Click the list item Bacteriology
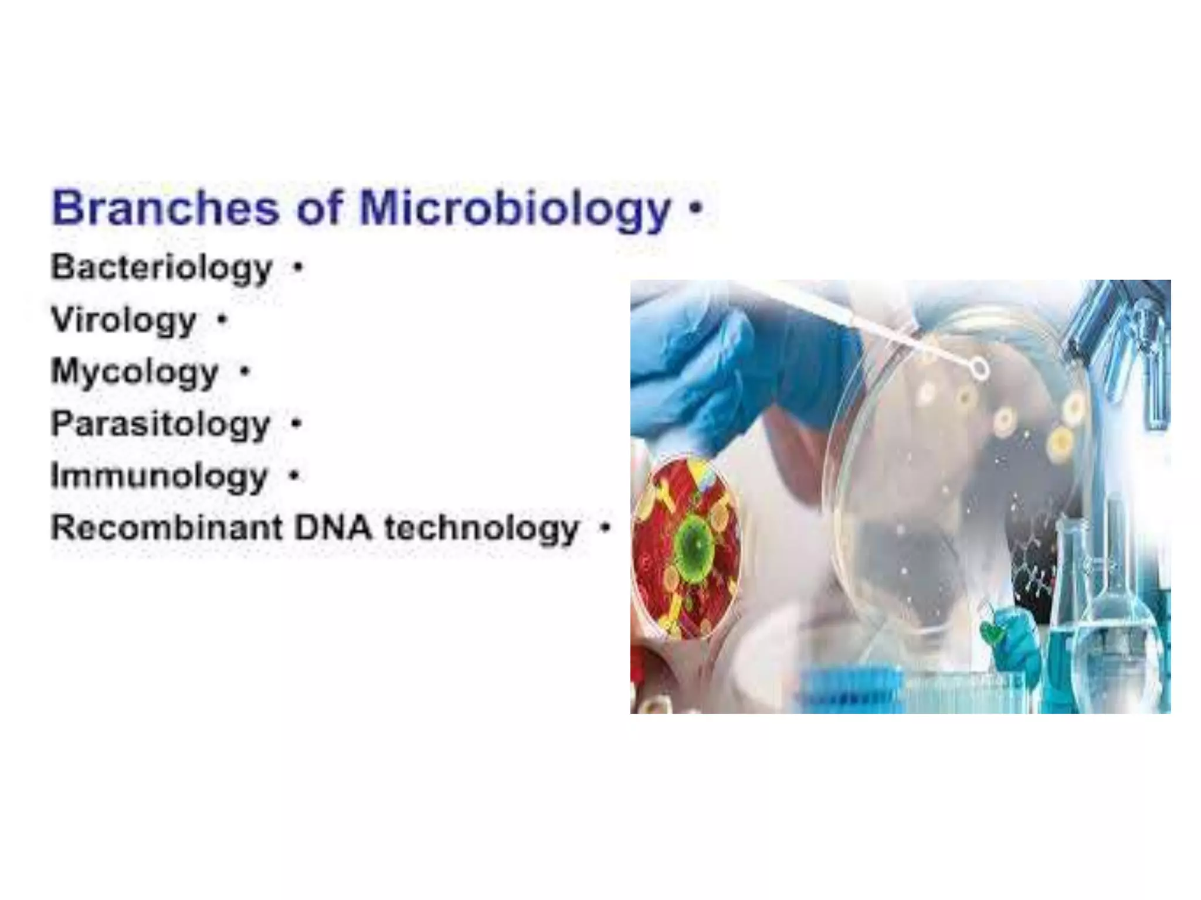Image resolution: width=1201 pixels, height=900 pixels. (x=162, y=268)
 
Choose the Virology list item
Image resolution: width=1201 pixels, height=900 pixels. (x=124, y=321)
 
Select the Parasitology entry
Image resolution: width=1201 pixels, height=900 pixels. (x=160, y=424)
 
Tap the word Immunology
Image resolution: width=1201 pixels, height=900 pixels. (x=159, y=476)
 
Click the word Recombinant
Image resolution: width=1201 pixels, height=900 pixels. (x=167, y=527)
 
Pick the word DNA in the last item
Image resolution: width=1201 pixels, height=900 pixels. (x=333, y=527)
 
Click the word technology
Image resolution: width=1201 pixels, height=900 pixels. (x=481, y=529)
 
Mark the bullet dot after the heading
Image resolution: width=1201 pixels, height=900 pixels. (x=696, y=207)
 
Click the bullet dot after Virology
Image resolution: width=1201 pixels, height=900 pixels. (x=222, y=320)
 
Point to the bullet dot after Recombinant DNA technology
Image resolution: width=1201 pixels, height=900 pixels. (x=604, y=527)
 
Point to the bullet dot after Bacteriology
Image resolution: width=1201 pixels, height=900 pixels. (x=298, y=268)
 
